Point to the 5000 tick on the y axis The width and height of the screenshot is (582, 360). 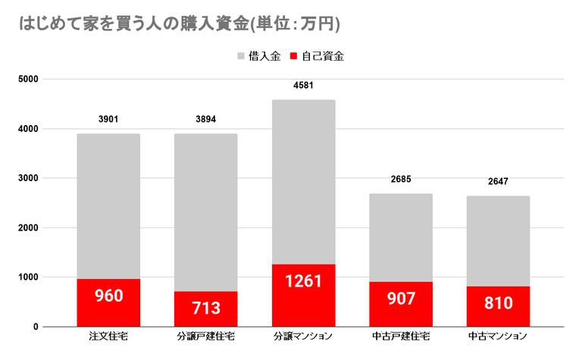pyautogui.click(x=29, y=79)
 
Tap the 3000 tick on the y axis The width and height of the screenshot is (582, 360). pyautogui.click(x=29, y=178)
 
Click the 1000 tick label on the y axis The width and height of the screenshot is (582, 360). pyautogui.click(x=29, y=277)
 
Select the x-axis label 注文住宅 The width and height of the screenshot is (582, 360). pyautogui.click(x=108, y=336)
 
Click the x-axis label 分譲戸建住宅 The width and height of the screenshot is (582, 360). pyautogui.click(x=205, y=336)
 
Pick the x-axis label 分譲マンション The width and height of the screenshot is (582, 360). pyautogui.click(x=303, y=336)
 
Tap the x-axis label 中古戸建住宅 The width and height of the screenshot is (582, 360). pyautogui.click(x=400, y=336)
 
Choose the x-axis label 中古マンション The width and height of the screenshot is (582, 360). pyautogui.click(x=498, y=336)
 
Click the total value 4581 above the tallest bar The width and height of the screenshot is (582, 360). pyautogui.click(x=303, y=85)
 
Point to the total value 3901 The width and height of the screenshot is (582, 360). pyautogui.click(x=108, y=119)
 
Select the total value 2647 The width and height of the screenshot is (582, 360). pyautogui.click(x=498, y=181)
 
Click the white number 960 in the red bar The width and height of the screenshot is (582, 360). pyautogui.click(x=108, y=296)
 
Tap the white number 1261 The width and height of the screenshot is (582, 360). pyautogui.click(x=303, y=281)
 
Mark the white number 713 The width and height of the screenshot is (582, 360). pyautogui.click(x=205, y=308)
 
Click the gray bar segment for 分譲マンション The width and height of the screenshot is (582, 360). pyautogui.click(x=303, y=182)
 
